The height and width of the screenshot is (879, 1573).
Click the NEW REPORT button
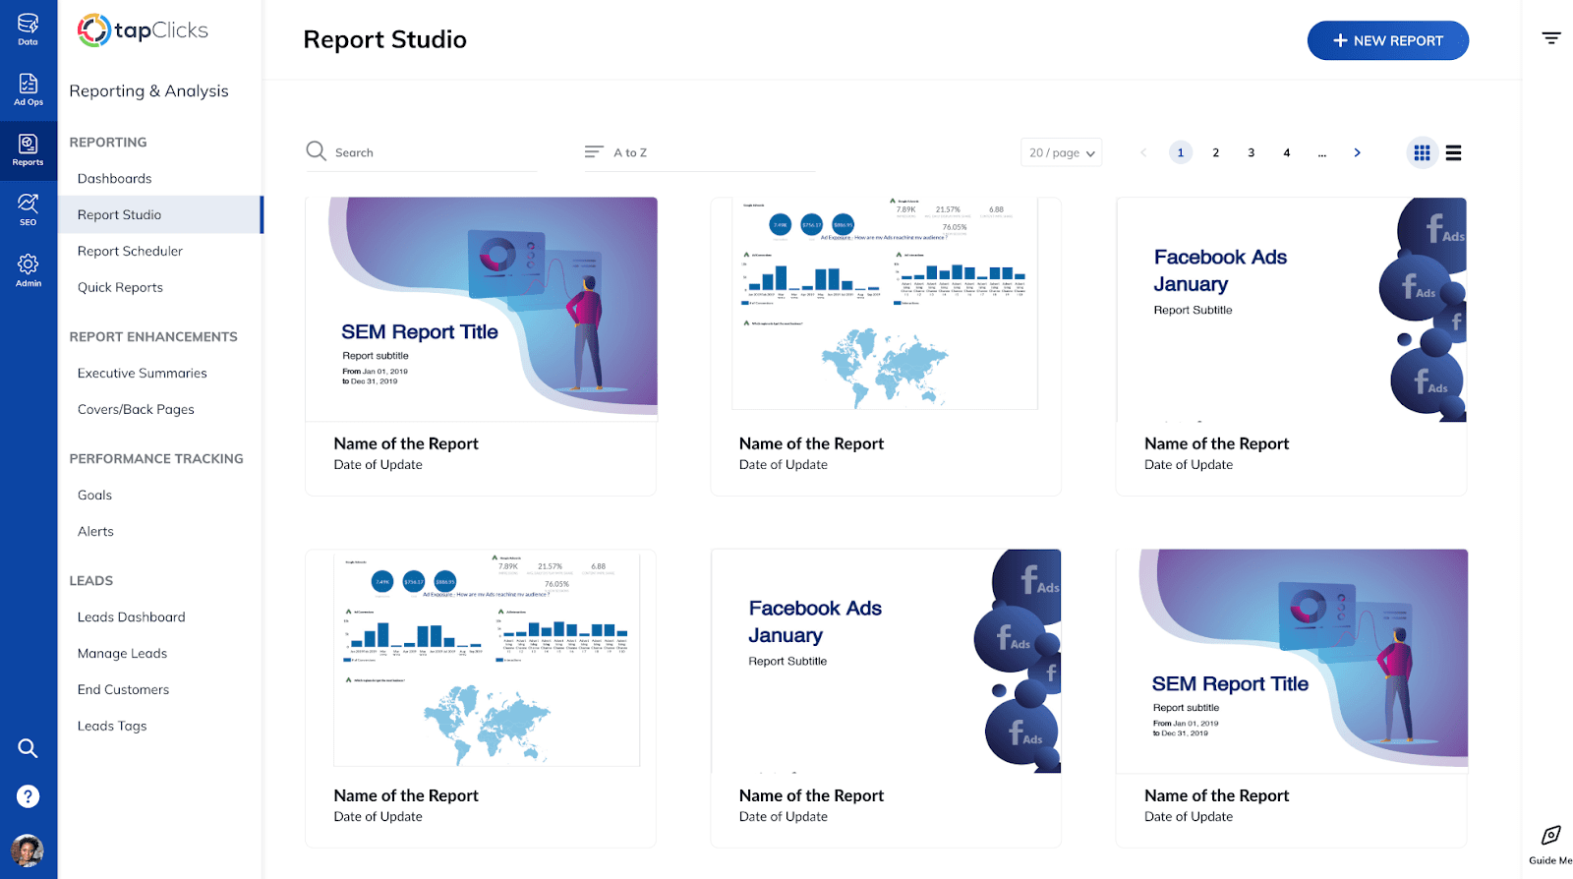1387,40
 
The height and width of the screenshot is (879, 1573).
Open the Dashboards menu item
115,179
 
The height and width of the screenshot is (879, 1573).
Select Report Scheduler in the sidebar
130,252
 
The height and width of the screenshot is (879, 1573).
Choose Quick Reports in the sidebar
120,288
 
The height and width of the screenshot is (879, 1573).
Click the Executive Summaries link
143,374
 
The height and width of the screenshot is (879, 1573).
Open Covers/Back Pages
136,410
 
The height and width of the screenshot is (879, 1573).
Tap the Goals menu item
94,496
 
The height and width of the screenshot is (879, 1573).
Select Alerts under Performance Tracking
95,532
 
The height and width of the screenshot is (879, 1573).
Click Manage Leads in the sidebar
122,654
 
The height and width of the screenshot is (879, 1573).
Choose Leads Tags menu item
112,727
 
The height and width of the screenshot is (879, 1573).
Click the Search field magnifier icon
316,151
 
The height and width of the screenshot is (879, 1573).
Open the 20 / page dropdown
1061,152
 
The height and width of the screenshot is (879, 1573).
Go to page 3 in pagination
1251,152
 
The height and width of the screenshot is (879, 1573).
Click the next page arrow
1357,152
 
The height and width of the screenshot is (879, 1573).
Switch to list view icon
1453,152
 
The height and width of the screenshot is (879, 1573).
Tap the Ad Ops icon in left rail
29,88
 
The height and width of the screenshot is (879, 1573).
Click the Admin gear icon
29,268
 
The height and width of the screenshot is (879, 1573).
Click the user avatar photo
28,850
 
